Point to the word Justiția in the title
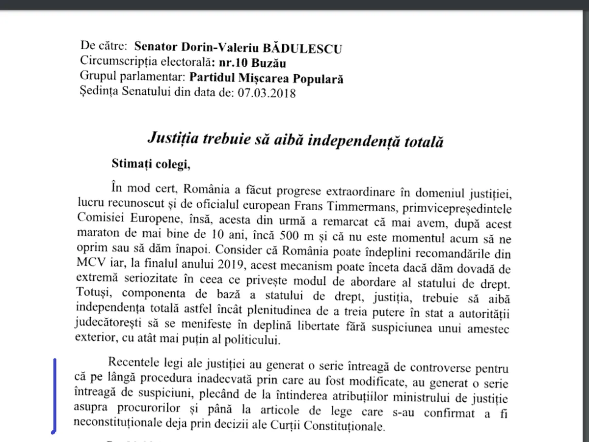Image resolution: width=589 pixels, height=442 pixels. click(171, 138)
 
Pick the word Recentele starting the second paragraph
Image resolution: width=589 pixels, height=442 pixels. click(134, 363)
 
